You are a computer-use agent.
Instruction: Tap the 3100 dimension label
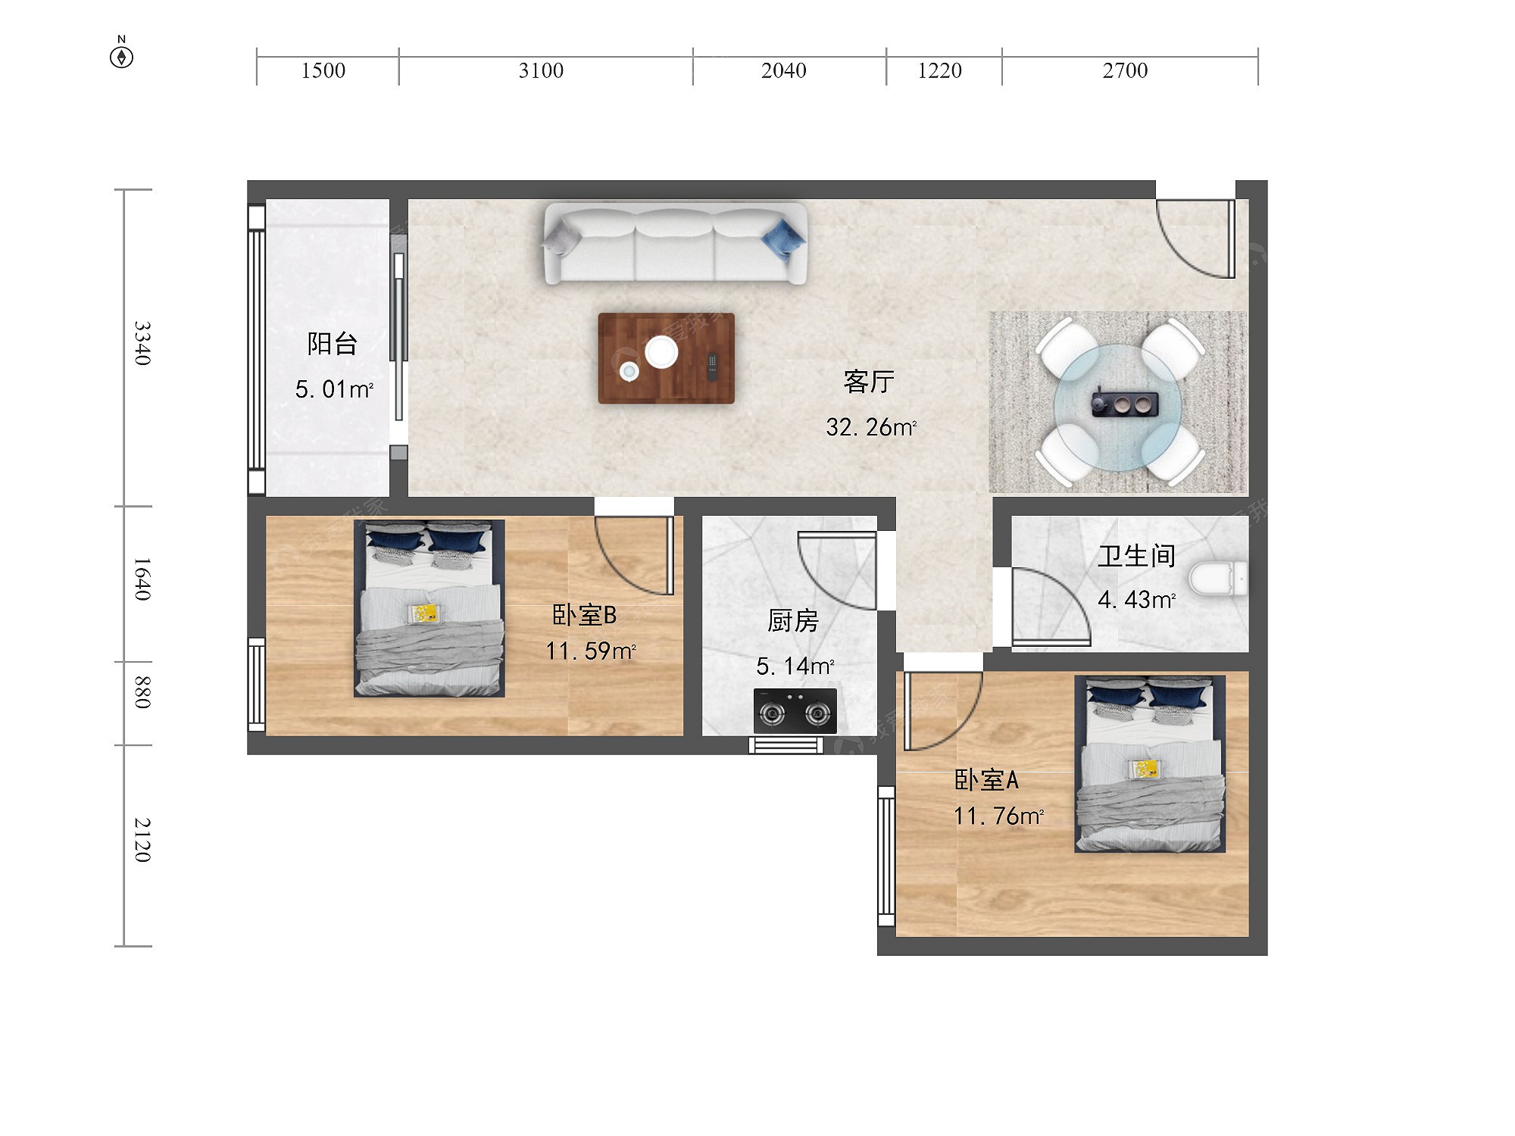(541, 70)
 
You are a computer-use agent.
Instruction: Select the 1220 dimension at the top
(939, 70)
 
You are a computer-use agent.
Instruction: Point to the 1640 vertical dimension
(142, 579)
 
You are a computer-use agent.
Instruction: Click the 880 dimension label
(142, 692)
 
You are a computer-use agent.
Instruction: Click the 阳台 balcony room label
(332, 344)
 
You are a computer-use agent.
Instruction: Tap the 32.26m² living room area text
(871, 427)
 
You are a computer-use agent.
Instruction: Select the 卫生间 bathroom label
(1136, 557)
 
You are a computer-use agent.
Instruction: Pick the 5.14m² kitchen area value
(795, 666)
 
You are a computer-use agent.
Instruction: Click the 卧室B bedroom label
(584, 615)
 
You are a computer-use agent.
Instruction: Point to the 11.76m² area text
(998, 816)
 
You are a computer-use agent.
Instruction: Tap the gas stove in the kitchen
(795, 711)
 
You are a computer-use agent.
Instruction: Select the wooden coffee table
(666, 358)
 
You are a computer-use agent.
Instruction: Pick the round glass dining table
(1118, 407)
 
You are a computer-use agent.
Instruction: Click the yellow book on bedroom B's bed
(423, 613)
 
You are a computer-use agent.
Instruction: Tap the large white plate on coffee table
(661, 352)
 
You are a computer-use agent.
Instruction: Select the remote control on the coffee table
(712, 367)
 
